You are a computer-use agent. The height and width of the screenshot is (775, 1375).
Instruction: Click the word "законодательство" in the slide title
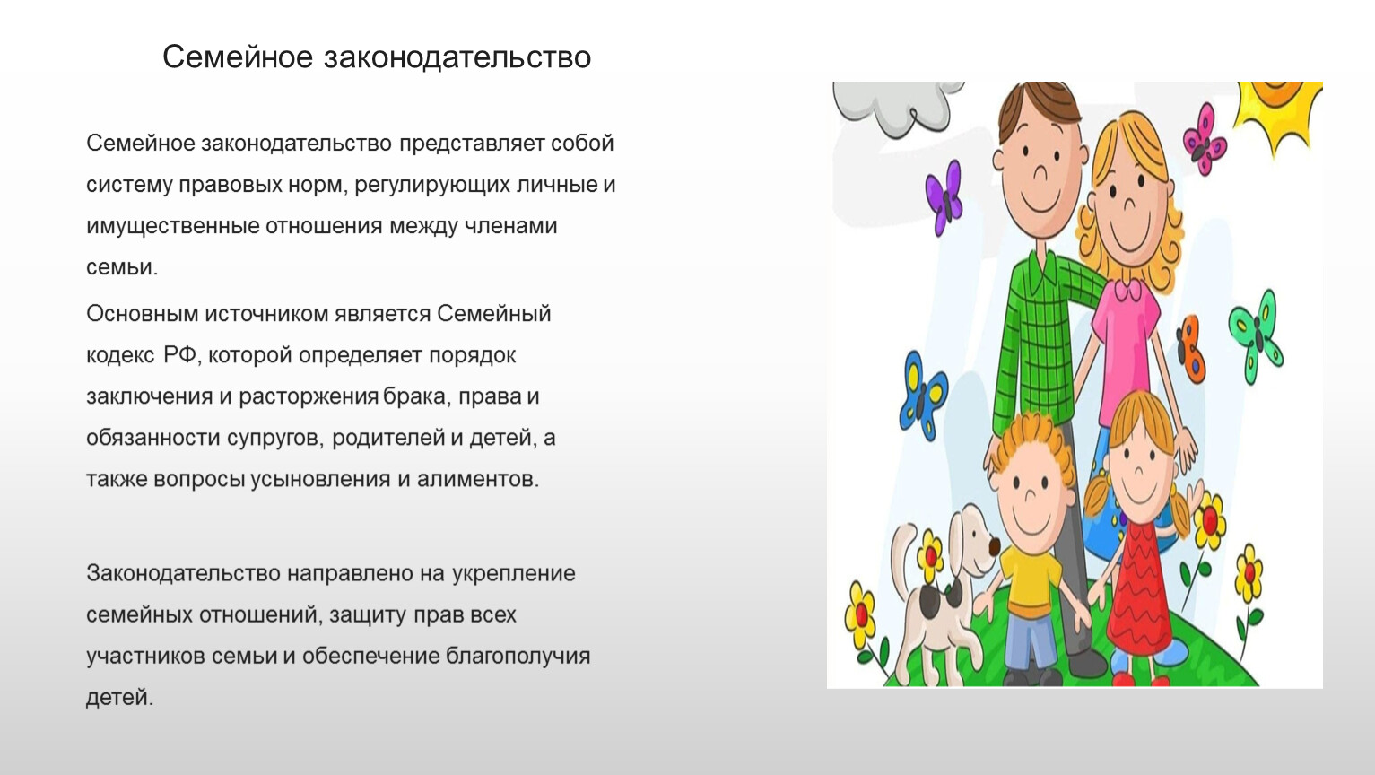pyautogui.click(x=457, y=57)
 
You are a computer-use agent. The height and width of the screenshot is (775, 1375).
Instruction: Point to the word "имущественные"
pyautogui.click(x=172, y=227)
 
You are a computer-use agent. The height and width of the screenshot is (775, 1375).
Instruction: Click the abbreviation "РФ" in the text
pyautogui.click(x=179, y=355)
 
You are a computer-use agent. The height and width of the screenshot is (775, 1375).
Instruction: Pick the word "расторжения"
pyautogui.click(x=309, y=397)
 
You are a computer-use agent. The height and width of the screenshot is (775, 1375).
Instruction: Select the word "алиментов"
pyautogui.click(x=477, y=479)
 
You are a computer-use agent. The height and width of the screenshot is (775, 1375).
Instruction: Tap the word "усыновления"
pyautogui.click(x=320, y=479)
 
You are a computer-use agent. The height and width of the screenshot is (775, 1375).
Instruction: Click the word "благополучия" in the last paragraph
pyautogui.click(x=518, y=657)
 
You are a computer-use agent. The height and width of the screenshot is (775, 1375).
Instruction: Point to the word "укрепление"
pyautogui.click(x=514, y=574)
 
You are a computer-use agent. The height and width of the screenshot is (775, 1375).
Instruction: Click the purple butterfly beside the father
pyautogui.click(x=944, y=197)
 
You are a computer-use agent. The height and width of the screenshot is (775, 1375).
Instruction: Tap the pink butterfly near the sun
pyautogui.click(x=1205, y=139)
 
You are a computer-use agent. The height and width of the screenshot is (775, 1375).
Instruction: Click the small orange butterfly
pyautogui.click(x=1191, y=348)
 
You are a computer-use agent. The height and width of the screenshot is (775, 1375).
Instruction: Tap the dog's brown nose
pyautogui.click(x=994, y=544)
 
